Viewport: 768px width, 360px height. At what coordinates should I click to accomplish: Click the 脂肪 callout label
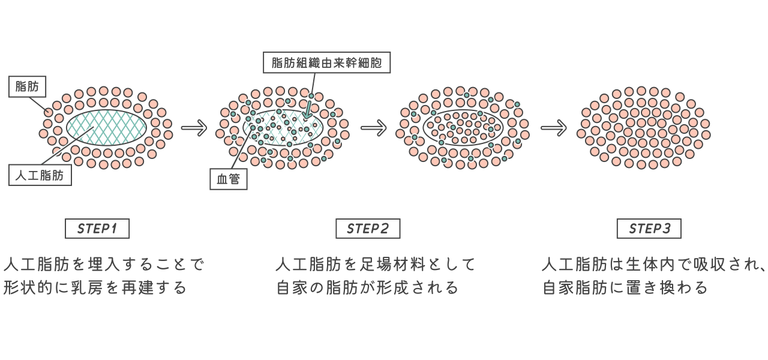[27, 87]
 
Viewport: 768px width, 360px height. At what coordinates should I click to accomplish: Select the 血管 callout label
[229, 179]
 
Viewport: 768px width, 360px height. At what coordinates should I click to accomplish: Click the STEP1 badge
[97, 229]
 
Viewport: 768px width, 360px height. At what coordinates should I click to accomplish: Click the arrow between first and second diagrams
[194, 128]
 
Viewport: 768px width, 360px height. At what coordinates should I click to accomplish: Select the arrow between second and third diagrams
[373, 128]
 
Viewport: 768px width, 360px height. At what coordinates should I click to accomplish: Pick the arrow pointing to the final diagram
[553, 128]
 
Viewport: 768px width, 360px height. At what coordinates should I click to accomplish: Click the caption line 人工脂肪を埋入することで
[104, 265]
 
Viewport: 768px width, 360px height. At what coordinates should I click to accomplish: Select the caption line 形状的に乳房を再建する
[95, 287]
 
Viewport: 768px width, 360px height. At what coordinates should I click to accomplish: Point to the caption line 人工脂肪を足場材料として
[376, 265]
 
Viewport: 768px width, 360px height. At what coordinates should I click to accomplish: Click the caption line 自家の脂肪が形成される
[367, 287]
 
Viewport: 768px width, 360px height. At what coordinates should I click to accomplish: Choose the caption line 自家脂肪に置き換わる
[626, 287]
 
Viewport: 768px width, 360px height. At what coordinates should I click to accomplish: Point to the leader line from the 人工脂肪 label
[66, 146]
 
